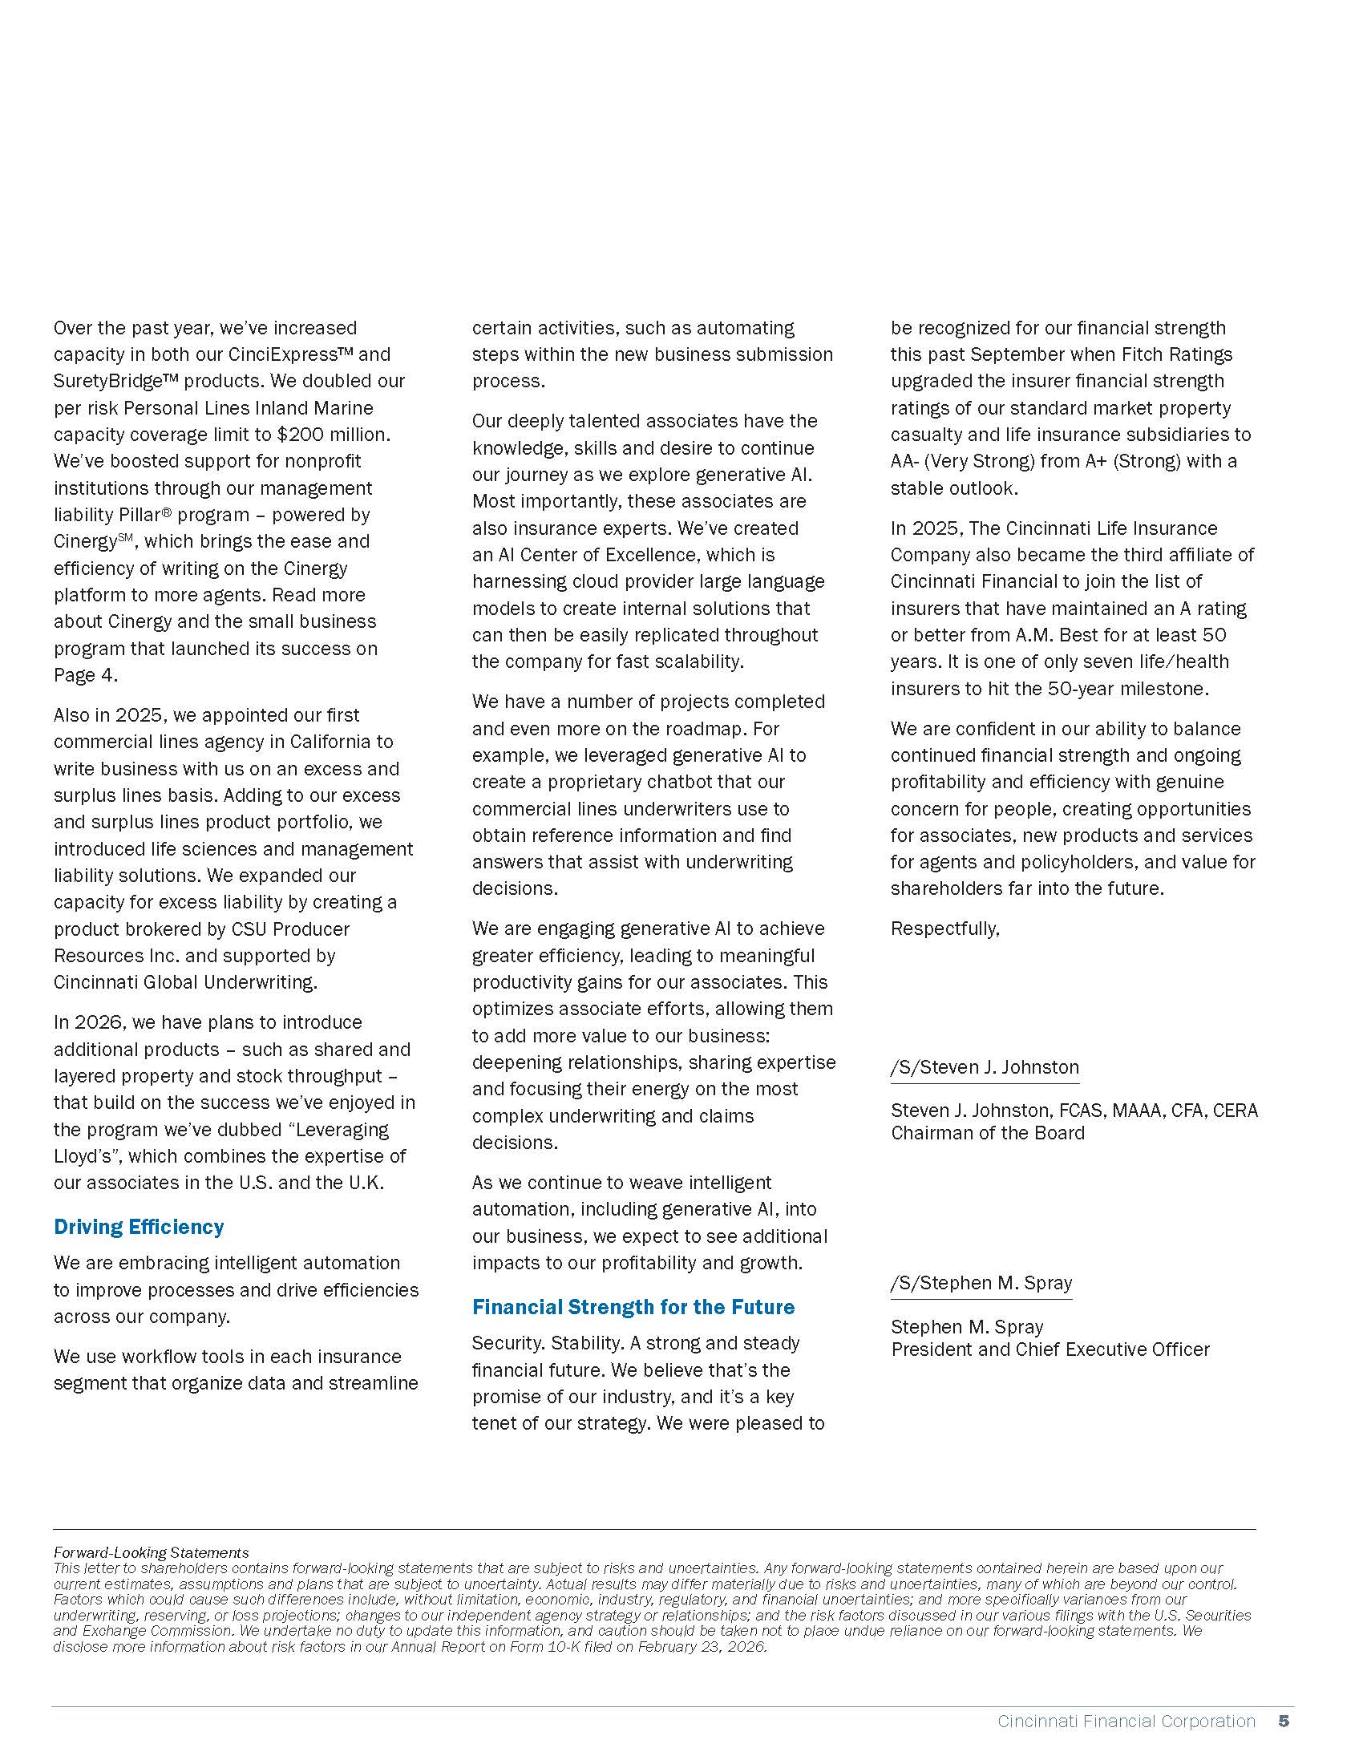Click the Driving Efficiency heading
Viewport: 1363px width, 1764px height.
(x=138, y=1226)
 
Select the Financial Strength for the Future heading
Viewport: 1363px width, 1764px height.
(x=633, y=1306)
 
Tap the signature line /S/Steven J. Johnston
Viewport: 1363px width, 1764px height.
(x=985, y=1067)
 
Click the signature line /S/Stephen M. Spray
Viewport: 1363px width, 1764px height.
(x=981, y=1283)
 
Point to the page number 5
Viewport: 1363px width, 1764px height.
(x=1283, y=1722)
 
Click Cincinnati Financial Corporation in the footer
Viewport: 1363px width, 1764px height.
(x=1126, y=1722)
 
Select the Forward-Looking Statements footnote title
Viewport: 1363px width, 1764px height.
(x=151, y=1552)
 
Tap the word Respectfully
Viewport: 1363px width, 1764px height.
(x=944, y=928)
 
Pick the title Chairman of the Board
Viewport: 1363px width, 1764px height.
(x=988, y=1132)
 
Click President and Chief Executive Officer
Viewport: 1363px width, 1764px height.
(x=1050, y=1349)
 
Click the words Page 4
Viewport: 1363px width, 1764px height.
(x=86, y=674)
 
